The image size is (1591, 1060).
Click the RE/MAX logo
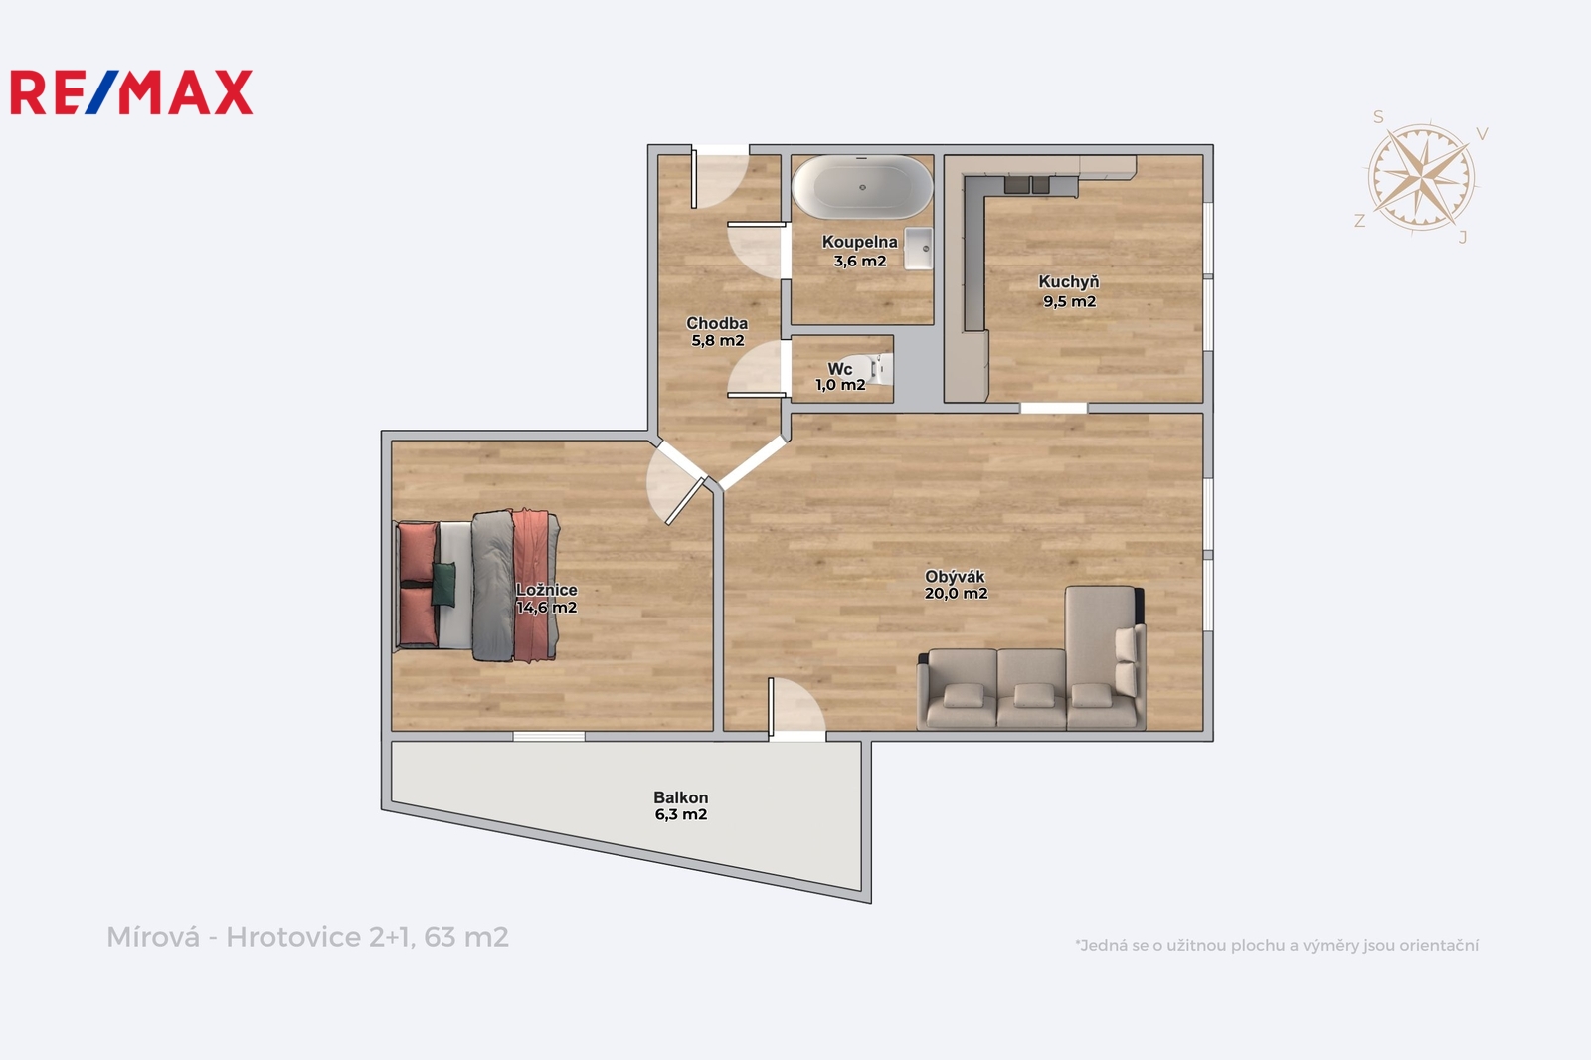pos(131,92)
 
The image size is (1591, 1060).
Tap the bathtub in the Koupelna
pos(862,187)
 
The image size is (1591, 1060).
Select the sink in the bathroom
pos(918,248)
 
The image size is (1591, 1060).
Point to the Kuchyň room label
pos(1069,291)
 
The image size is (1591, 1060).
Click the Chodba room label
pos(717,332)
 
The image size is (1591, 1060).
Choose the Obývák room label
pos(956,585)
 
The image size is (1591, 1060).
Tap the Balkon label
pos(680,806)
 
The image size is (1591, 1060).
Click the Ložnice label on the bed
pos(546,590)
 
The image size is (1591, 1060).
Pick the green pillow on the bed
pos(443,584)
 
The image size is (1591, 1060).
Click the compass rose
pos(1421,178)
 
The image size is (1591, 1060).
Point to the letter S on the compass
pos(1378,117)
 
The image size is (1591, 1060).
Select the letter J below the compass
pos(1463,238)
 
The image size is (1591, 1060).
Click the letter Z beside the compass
pos(1360,221)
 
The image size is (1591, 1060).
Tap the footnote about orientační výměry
pos(1277,945)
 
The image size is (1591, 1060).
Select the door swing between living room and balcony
pos(796,707)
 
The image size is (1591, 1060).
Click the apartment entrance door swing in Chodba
pos(720,178)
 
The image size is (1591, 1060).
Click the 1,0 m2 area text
pos(840,385)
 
